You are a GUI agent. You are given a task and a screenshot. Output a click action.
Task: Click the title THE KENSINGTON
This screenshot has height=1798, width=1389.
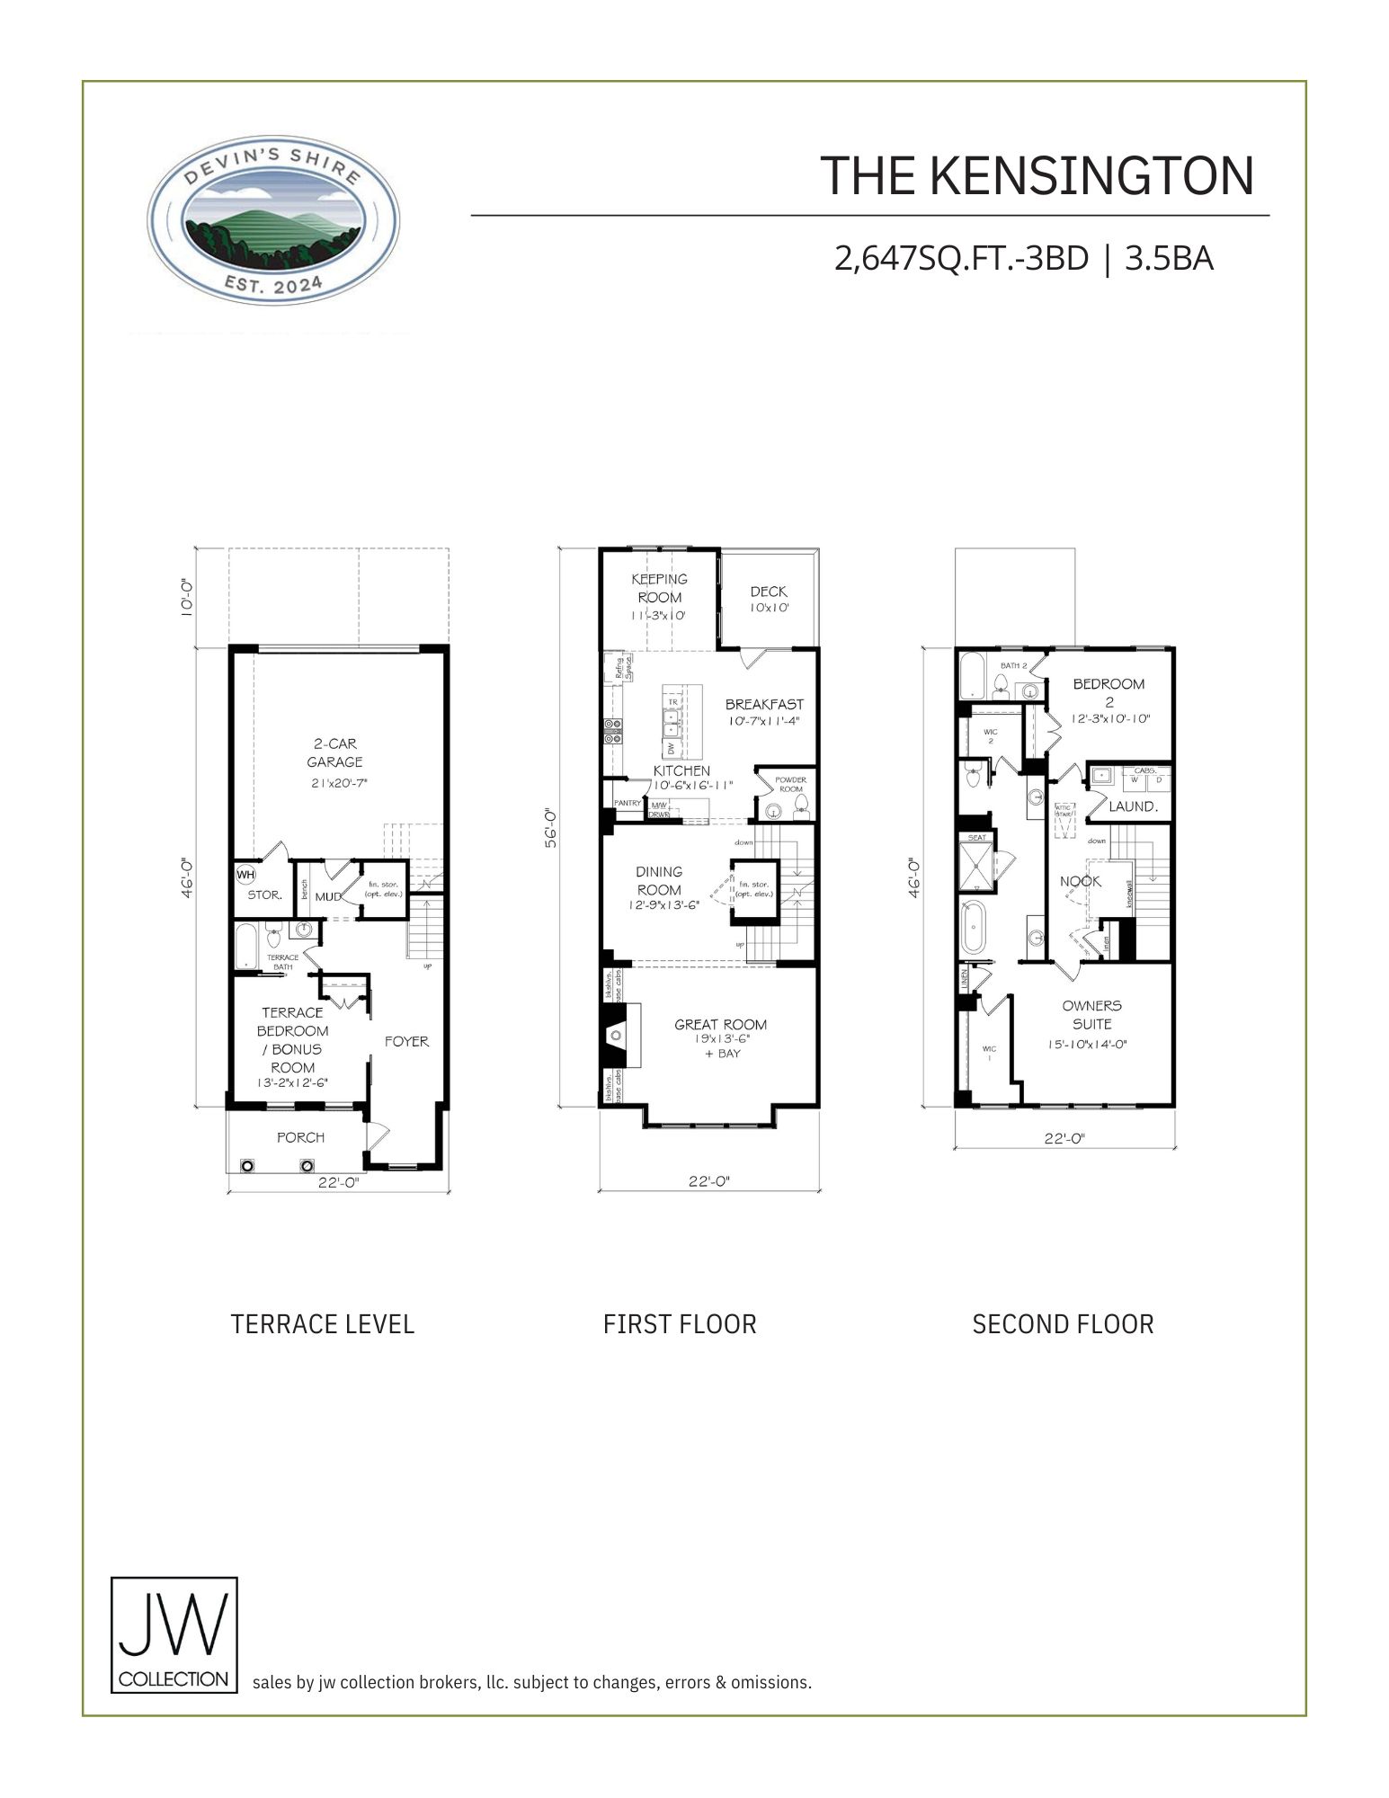1037,176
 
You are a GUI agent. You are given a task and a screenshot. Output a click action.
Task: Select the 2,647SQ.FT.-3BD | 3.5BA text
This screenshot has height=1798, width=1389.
1024,259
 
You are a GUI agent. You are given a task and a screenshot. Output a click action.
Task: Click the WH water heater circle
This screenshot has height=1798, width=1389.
245,873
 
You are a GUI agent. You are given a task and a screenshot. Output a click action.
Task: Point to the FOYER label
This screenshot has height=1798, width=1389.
406,1041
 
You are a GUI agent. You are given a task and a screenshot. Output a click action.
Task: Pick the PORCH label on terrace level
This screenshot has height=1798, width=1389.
300,1137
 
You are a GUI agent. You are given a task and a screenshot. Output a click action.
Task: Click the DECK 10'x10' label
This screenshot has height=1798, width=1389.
769,599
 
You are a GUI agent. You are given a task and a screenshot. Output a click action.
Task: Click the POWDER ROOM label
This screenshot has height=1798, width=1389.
790,784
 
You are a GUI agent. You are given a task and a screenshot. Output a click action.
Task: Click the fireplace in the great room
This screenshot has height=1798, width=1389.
617,1035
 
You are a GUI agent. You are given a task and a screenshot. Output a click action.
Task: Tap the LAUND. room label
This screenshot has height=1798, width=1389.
1132,806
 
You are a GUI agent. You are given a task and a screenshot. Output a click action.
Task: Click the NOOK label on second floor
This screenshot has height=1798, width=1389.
1080,881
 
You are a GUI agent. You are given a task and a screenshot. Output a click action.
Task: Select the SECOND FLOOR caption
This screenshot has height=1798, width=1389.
1063,1324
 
